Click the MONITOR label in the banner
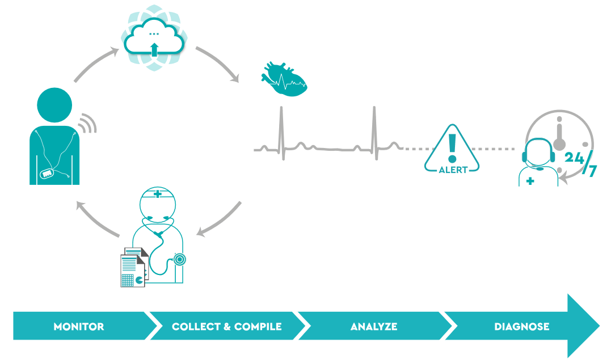(79, 327)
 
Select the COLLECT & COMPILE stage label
(226, 327)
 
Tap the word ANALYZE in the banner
(374, 327)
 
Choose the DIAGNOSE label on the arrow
(521, 327)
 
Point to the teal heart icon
(283, 80)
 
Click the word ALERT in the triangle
(453, 169)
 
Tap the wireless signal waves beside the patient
(86, 124)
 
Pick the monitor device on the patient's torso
(47, 172)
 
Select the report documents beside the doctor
(133, 266)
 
